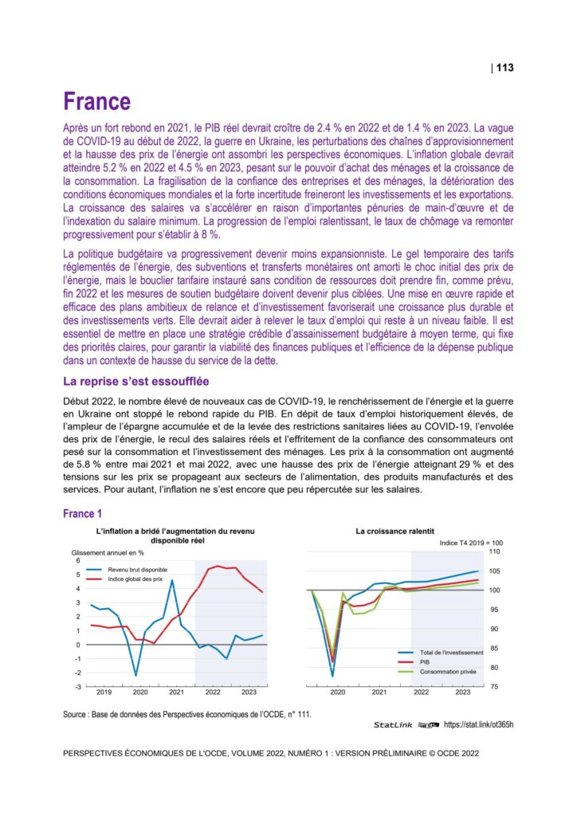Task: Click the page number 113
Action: (x=504, y=68)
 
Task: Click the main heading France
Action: (x=96, y=102)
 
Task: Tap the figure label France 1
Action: (x=82, y=514)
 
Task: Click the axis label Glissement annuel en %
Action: (x=108, y=551)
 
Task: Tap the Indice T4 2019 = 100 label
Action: (x=471, y=542)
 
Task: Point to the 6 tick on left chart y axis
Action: (x=67, y=561)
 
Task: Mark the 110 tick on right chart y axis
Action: (x=493, y=551)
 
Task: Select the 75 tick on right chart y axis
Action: (x=493, y=686)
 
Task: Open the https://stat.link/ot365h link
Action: (x=478, y=725)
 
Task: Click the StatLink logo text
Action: (x=395, y=725)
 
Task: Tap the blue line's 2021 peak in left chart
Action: (x=172, y=580)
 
